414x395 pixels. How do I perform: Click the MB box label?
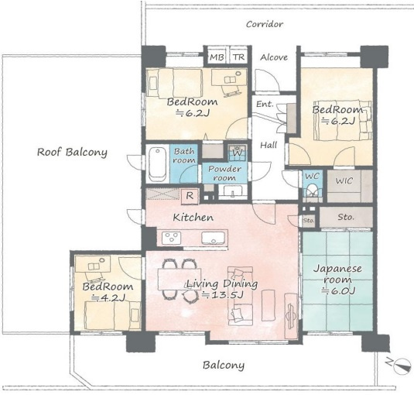(x=217, y=57)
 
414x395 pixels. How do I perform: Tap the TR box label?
(x=238, y=57)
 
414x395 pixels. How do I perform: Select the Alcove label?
(x=274, y=57)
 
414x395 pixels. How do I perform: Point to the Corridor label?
(x=265, y=24)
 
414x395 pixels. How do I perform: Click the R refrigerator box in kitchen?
(x=190, y=196)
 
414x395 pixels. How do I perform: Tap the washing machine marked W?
(x=238, y=153)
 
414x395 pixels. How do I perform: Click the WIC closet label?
(x=344, y=181)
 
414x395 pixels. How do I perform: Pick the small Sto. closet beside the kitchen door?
(x=309, y=221)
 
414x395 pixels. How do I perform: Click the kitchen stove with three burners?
(x=172, y=237)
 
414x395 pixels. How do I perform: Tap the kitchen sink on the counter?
(x=213, y=237)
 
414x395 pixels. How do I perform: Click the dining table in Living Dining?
(x=179, y=279)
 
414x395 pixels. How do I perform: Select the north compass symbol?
(x=400, y=366)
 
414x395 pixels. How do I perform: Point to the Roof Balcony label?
(x=72, y=152)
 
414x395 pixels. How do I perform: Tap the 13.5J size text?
(x=222, y=294)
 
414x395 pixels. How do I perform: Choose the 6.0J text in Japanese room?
(x=338, y=291)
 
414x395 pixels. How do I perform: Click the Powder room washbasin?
(x=233, y=191)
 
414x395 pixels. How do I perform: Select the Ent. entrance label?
(x=265, y=104)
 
